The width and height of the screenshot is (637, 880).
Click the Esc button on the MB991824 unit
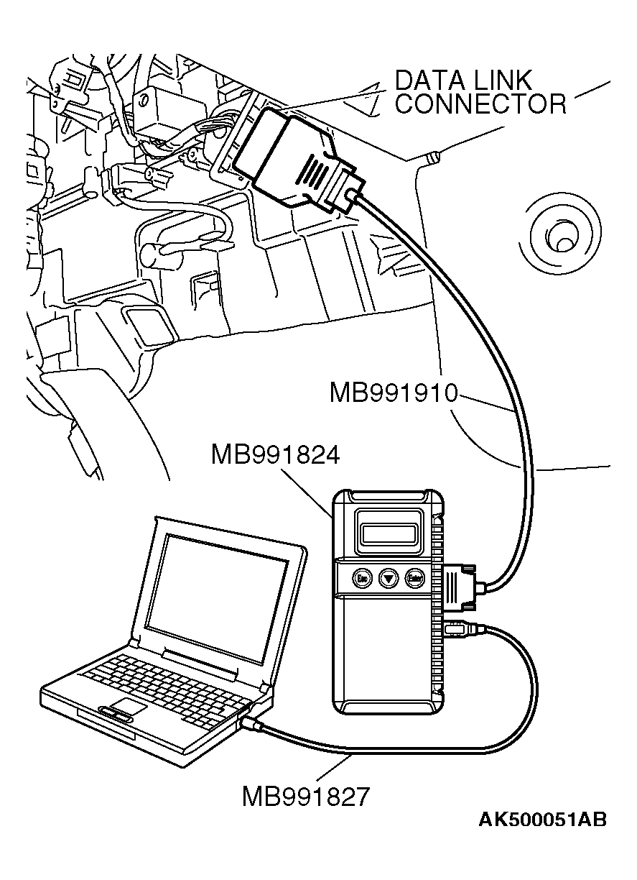click(363, 577)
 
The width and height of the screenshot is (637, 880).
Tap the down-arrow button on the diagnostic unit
click(389, 577)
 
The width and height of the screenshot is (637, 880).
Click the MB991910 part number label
click(394, 394)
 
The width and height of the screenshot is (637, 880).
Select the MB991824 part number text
click(275, 454)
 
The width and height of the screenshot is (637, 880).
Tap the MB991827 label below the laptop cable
click(306, 797)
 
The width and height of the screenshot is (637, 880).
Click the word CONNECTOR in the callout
click(480, 105)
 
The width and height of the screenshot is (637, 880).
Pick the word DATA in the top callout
click(429, 80)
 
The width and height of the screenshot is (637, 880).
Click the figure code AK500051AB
click(542, 820)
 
